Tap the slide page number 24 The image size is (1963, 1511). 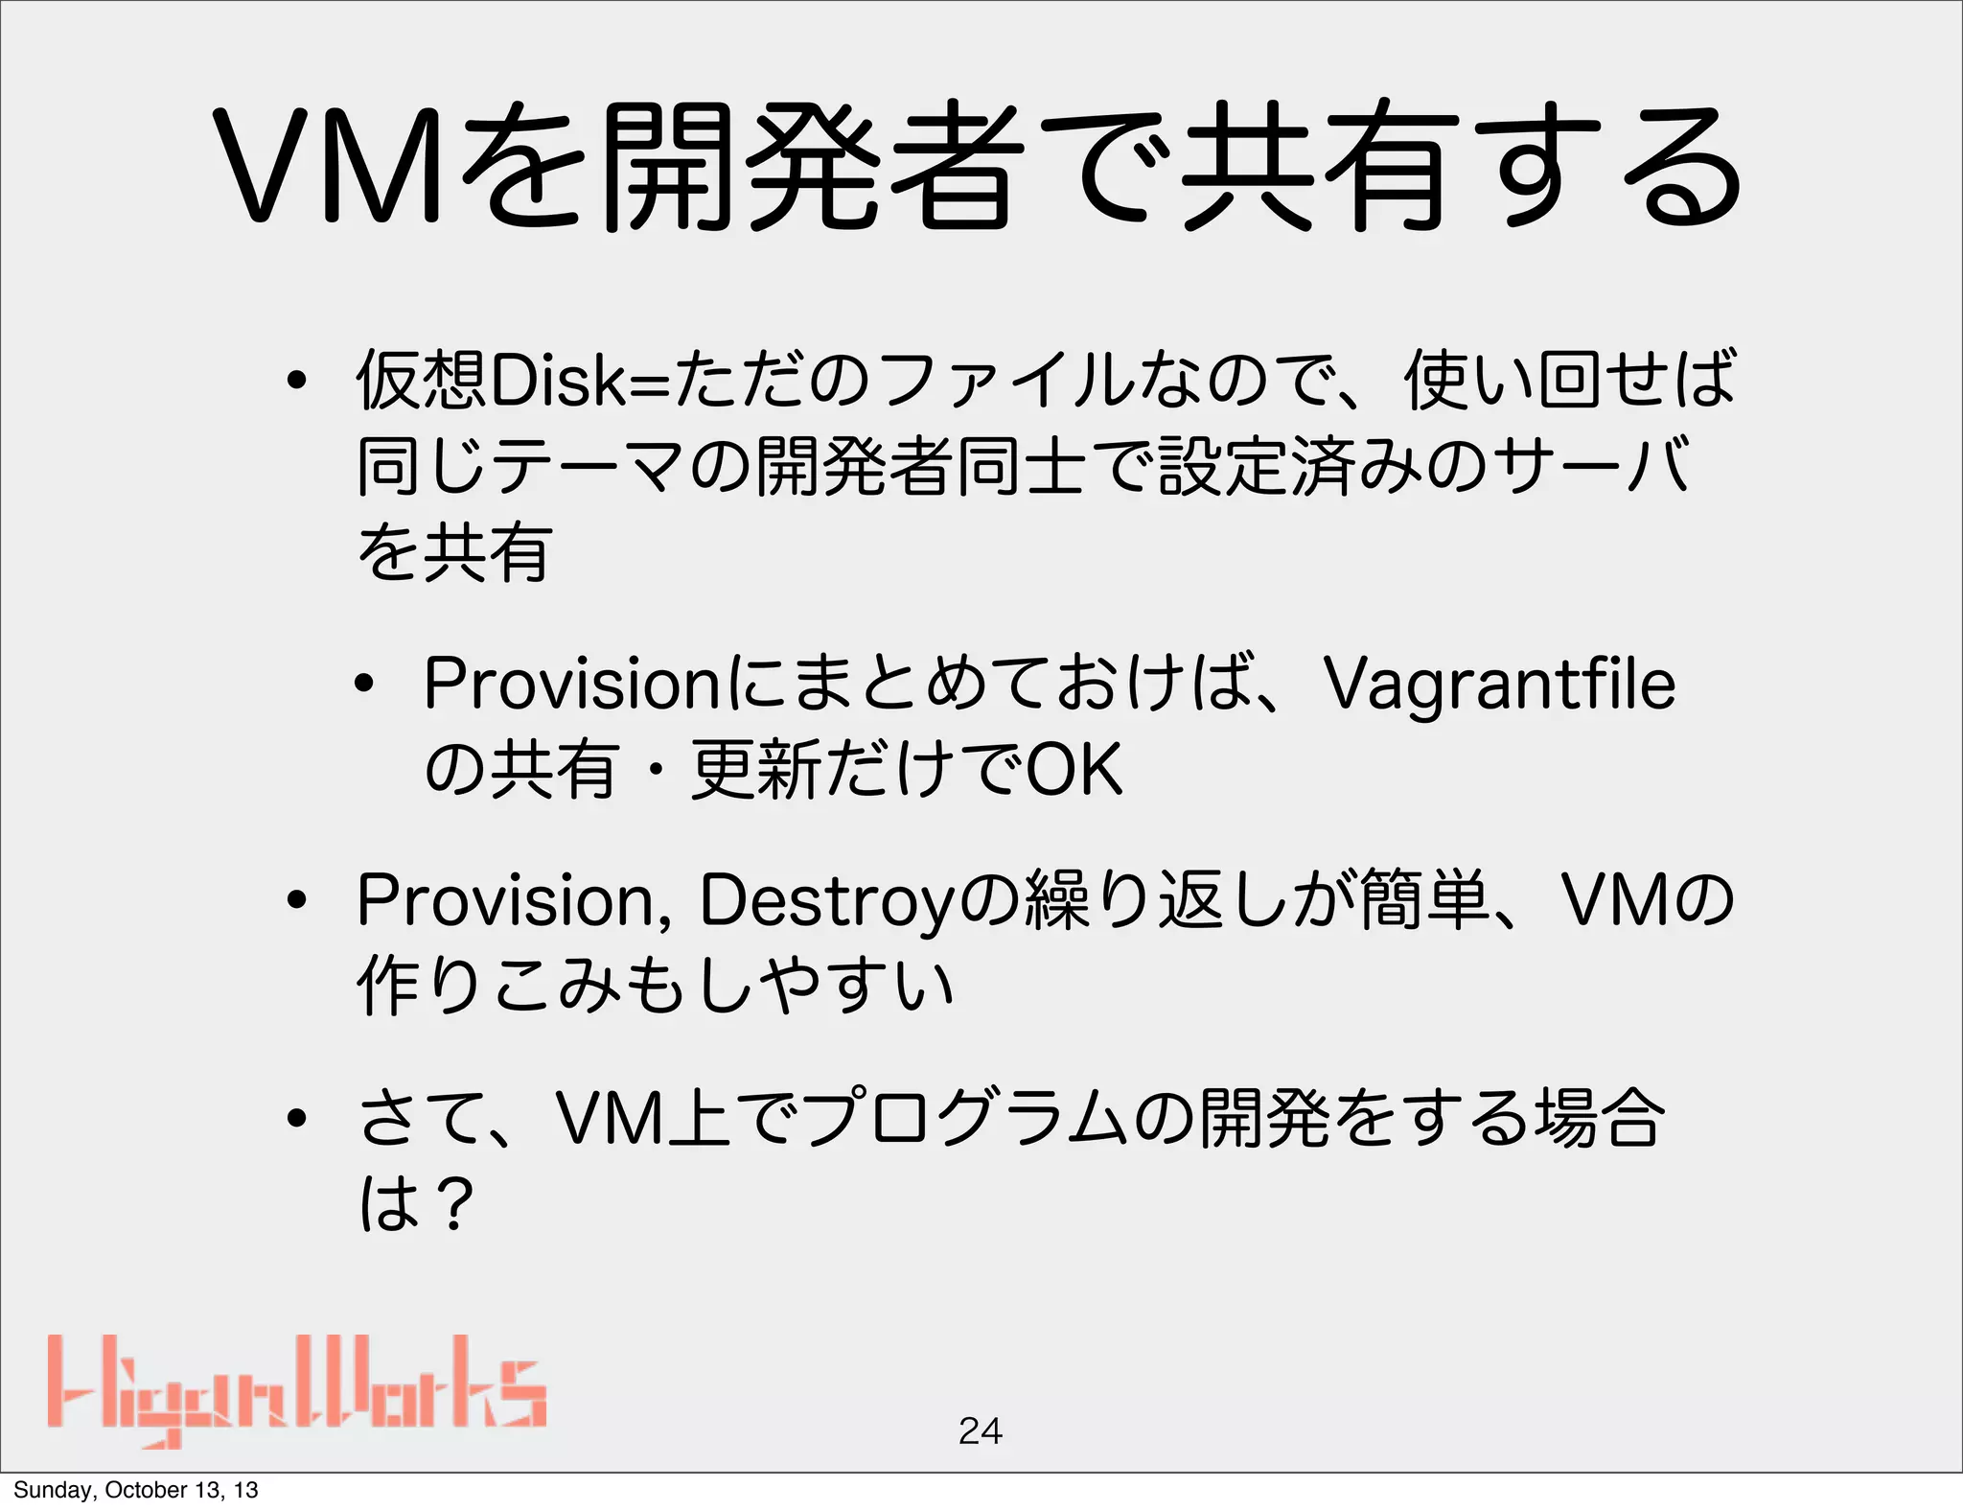980,1430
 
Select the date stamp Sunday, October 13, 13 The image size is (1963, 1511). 135,1490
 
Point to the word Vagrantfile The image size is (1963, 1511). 1499,685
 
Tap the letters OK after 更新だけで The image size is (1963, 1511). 1074,770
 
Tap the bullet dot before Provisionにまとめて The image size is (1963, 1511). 364,686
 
